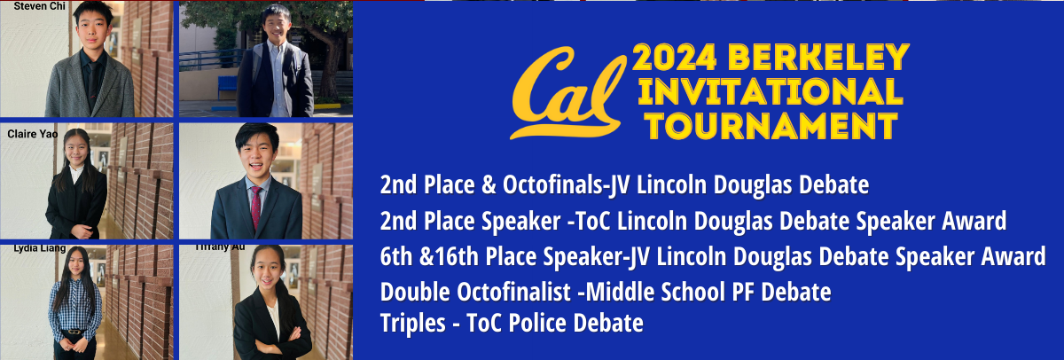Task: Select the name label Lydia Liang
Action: coord(39,249)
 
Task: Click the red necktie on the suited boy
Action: coord(256,206)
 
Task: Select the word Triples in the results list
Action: coord(410,323)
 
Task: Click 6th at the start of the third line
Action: coord(395,257)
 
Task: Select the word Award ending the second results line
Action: coord(979,221)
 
